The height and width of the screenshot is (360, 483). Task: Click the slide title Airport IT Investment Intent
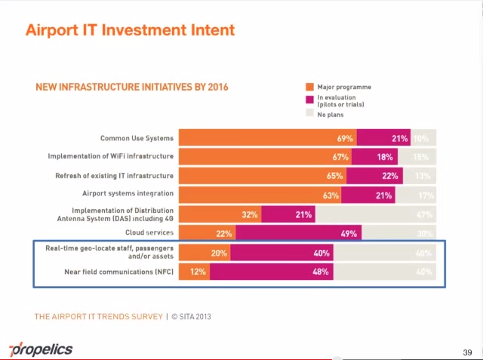130,30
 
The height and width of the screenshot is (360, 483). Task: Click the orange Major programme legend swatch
309,87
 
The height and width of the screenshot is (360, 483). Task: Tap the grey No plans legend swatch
309,115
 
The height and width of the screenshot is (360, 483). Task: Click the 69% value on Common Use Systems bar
345,139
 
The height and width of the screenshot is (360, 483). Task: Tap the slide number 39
467,352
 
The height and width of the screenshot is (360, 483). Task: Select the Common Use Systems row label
137,138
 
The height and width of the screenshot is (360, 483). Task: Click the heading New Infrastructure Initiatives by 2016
132,87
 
